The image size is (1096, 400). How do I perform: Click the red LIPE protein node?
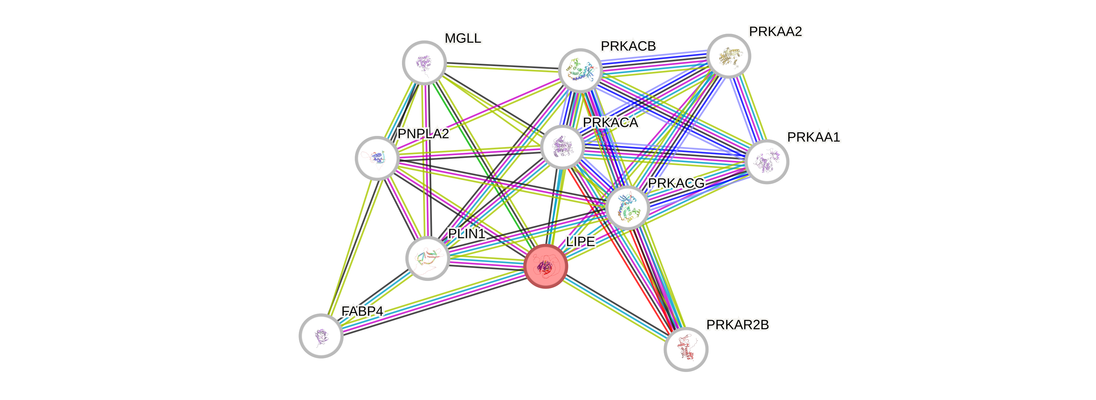point(546,266)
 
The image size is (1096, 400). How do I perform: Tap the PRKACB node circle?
point(580,70)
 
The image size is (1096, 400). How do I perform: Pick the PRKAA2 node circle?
point(729,56)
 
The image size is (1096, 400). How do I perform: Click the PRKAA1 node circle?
point(767,162)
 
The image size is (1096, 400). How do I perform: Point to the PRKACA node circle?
point(562,147)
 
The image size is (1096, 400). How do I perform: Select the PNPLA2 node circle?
point(377,158)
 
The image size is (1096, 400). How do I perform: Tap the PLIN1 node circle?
point(428,258)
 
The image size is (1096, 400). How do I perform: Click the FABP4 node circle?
point(321,335)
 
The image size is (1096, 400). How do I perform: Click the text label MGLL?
point(463,38)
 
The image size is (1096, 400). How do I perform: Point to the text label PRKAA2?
point(776,31)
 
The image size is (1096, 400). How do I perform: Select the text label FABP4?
point(363,311)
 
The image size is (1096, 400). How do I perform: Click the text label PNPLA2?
point(423,134)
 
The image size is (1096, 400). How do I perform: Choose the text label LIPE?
point(580,241)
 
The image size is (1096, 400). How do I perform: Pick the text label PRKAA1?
point(813,137)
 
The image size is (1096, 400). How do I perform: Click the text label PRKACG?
point(676,183)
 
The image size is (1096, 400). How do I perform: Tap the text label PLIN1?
point(467,233)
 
